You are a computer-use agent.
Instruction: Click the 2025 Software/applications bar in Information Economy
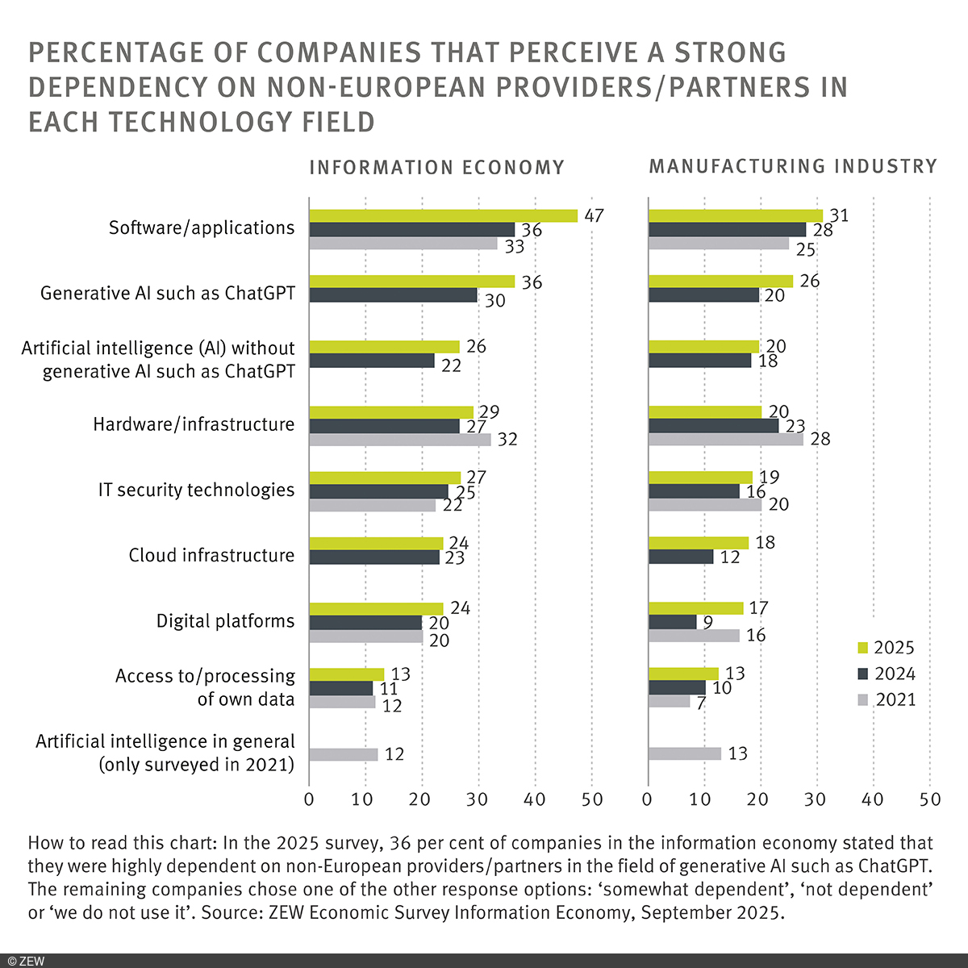(443, 215)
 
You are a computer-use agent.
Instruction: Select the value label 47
(595, 215)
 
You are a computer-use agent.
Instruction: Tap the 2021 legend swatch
(862, 699)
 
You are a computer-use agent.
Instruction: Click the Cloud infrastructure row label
(211, 555)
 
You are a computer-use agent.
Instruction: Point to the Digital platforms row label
(225, 621)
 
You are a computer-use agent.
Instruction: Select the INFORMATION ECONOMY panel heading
(436, 168)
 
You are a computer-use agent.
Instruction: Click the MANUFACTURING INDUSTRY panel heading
(793, 166)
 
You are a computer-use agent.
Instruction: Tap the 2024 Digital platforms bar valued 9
(673, 622)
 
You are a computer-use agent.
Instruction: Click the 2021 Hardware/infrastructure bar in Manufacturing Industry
(726, 440)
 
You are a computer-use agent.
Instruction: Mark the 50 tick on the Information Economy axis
(592, 799)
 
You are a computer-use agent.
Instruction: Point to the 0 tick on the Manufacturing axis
(647, 799)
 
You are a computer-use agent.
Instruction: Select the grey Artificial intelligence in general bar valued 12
(343, 754)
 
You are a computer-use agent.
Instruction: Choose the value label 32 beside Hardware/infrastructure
(507, 440)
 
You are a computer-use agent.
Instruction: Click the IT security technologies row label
(196, 490)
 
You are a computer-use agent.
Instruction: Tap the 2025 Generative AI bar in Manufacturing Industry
(720, 281)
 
